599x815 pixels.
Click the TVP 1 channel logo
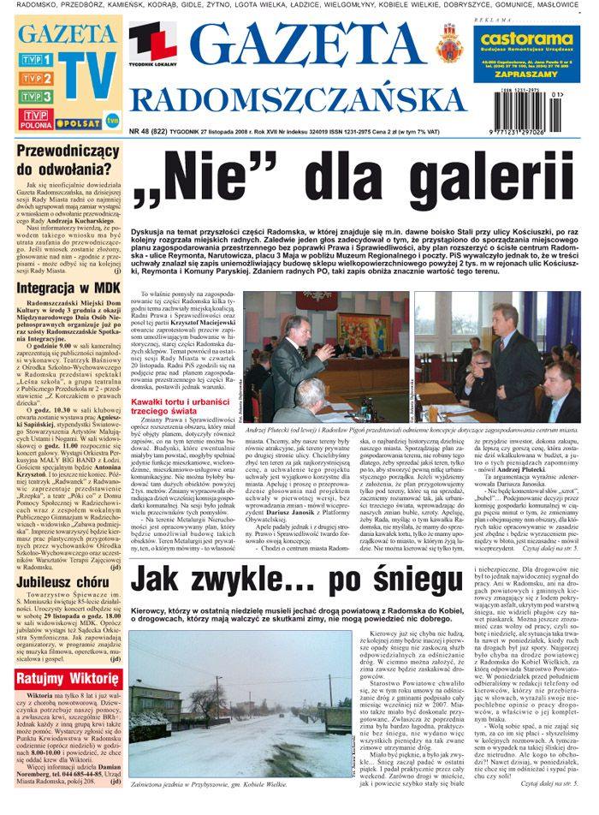[x=38, y=60]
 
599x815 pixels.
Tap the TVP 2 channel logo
[x=38, y=79]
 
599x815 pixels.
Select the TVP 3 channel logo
[x=38, y=97]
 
